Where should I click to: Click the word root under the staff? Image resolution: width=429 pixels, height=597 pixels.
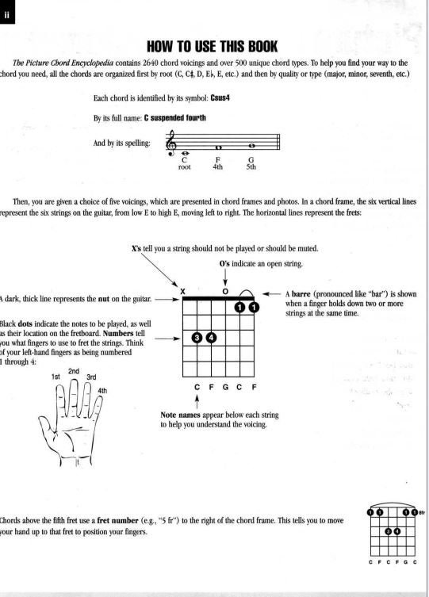click(184, 167)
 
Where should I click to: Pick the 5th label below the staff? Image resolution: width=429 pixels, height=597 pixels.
click(251, 167)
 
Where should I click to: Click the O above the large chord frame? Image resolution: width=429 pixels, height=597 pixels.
click(225, 291)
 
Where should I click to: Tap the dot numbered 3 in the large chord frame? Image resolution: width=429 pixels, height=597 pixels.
click(197, 339)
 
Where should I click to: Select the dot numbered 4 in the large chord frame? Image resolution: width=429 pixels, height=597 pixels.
click(211, 339)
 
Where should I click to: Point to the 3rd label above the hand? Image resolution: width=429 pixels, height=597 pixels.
click(91, 377)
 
